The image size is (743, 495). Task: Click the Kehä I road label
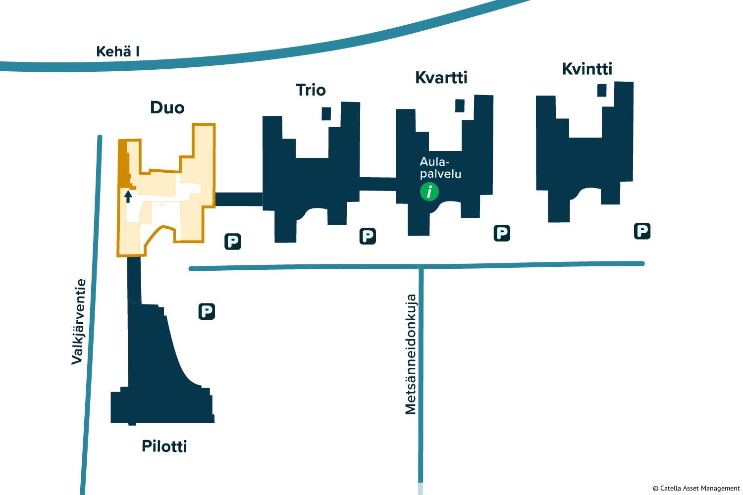118,51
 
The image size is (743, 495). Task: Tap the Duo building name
167,108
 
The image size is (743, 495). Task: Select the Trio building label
311,90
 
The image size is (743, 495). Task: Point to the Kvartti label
441,78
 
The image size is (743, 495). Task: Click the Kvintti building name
587,69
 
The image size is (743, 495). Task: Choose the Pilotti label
164,446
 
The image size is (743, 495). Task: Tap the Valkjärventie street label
78,322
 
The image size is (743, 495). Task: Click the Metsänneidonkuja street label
411,354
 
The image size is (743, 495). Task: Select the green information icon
429,192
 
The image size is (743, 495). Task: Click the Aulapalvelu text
440,168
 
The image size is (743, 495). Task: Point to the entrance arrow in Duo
128,196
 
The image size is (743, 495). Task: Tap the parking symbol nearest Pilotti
207,311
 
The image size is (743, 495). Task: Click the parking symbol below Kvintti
642,231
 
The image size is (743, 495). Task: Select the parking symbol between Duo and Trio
232,242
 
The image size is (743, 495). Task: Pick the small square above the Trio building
326,113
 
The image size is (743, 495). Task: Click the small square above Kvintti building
602,90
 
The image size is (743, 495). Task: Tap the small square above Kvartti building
460,106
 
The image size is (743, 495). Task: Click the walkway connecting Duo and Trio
238,199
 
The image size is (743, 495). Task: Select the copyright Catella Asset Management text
696,489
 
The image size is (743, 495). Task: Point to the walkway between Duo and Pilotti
134,280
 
